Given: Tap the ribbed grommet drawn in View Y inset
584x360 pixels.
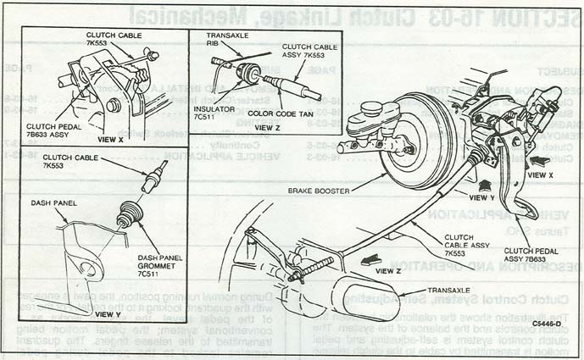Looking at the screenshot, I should click(x=130, y=213).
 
